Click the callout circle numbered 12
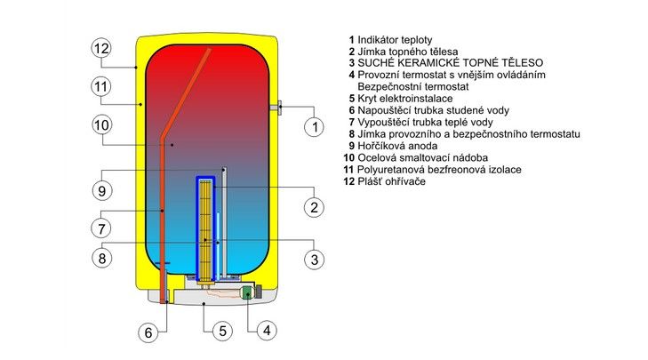click(x=101, y=48)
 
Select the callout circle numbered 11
click(x=101, y=87)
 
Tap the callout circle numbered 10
click(x=101, y=126)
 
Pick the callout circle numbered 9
click(x=101, y=189)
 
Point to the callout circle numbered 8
click(x=101, y=259)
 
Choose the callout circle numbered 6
click(x=149, y=333)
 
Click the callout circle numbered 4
click(x=265, y=332)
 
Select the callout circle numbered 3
click(x=313, y=260)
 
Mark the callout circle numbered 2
click(x=313, y=208)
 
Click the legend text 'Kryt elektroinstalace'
click(x=405, y=99)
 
